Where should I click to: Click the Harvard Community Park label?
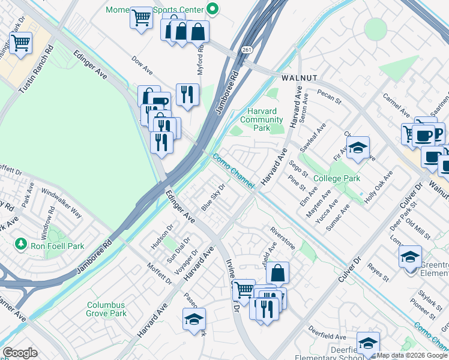pos(261,119)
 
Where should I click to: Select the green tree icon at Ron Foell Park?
pos(21,245)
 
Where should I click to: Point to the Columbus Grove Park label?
pos(106,309)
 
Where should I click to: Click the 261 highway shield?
pos(247,50)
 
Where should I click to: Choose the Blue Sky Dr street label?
pos(213,197)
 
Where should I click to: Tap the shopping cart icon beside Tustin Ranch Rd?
pos(20,43)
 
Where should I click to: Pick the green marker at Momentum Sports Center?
pos(211,9)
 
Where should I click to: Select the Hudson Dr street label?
pos(161,240)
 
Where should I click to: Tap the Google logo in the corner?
pos(20,353)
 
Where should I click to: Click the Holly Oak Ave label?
pos(381,183)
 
